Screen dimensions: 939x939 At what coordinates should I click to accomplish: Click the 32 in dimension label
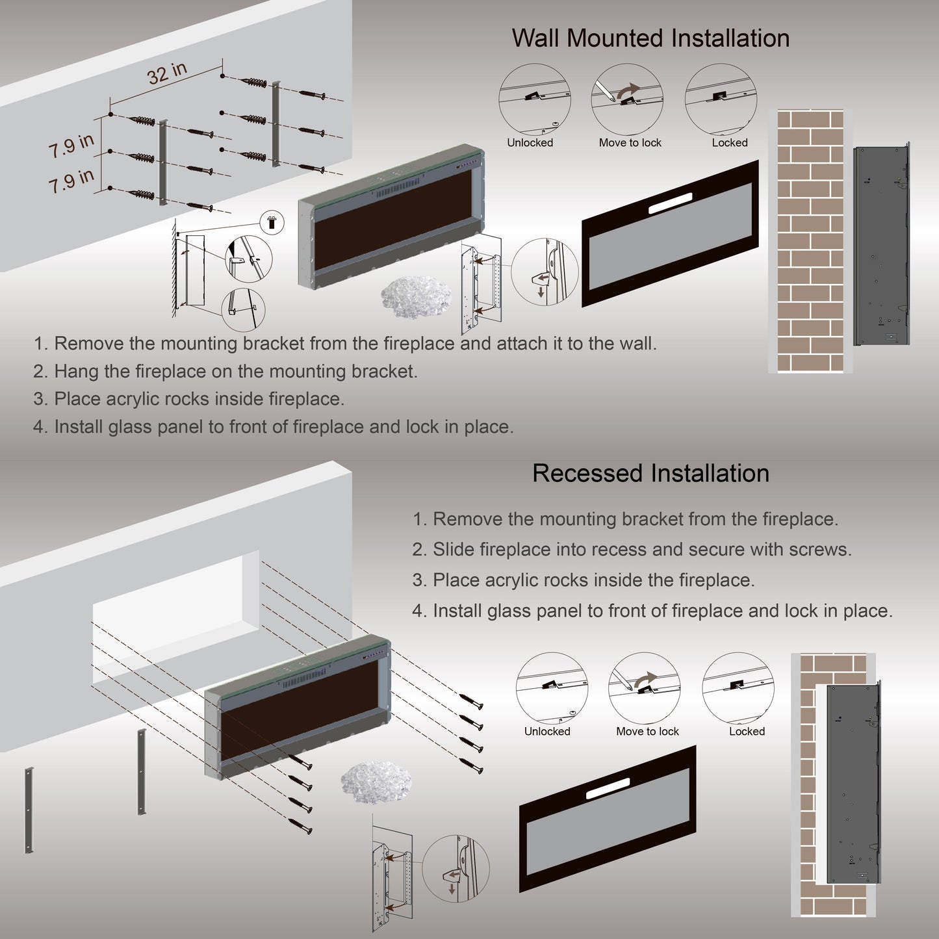(x=167, y=73)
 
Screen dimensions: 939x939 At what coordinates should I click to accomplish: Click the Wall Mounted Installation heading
(x=650, y=38)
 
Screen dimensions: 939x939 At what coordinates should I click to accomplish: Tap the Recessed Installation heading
(x=650, y=473)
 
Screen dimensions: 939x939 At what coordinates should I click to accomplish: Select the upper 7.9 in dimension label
(x=71, y=146)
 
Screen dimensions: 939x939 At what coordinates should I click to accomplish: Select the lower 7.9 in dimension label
(x=71, y=181)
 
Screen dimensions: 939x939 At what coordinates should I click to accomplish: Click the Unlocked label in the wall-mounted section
(x=530, y=143)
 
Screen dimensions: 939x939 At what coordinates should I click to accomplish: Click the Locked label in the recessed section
(x=747, y=732)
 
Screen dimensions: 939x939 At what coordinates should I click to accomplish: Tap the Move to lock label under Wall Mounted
(x=630, y=143)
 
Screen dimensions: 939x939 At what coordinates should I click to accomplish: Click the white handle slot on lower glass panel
(x=608, y=788)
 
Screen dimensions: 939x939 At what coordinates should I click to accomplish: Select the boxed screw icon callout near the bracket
(x=272, y=222)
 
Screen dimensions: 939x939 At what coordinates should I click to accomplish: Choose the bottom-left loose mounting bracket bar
(x=29, y=810)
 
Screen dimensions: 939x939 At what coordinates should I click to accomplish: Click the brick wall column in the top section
(x=810, y=240)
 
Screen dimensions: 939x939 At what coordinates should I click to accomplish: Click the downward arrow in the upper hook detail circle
(x=541, y=292)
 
